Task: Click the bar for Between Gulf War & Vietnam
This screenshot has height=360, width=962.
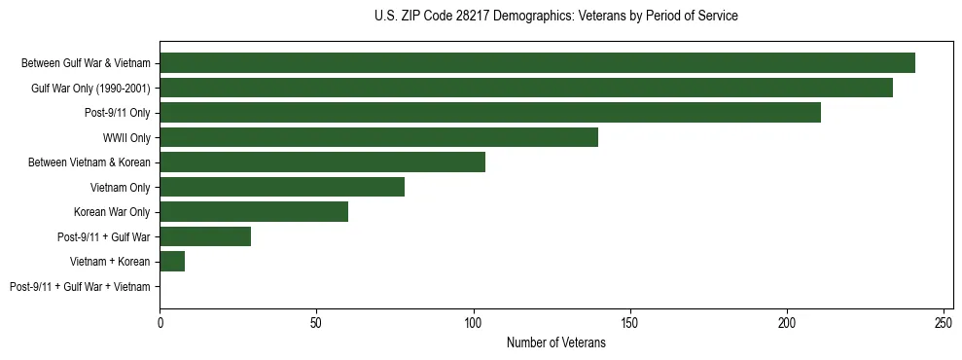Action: [537, 63]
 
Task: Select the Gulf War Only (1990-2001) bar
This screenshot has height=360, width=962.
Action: [526, 88]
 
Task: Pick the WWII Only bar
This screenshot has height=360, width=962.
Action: [378, 137]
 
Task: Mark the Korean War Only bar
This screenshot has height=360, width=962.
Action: [254, 212]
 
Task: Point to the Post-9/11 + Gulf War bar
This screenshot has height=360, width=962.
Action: [205, 236]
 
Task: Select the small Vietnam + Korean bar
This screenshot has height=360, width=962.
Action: [172, 262]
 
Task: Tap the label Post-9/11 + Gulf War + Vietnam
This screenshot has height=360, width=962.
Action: [80, 287]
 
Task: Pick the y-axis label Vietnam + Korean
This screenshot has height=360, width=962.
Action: [110, 262]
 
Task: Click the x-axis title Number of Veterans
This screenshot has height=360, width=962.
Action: [555, 342]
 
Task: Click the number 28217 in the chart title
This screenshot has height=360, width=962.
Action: [475, 17]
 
